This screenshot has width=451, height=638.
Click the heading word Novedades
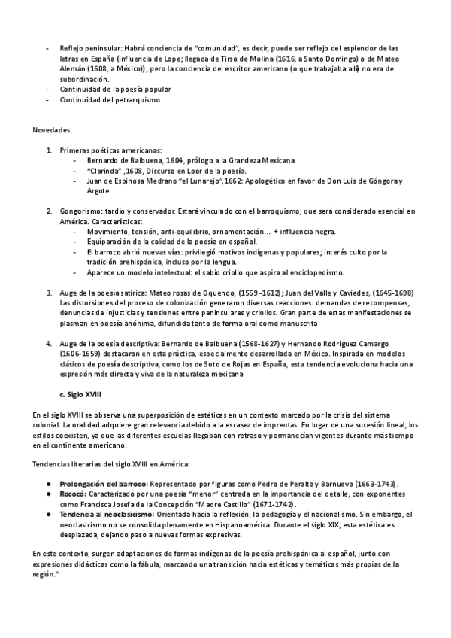(x=52, y=130)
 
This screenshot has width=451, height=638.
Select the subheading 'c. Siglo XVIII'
(x=84, y=393)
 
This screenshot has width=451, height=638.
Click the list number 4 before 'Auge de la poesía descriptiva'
(x=50, y=342)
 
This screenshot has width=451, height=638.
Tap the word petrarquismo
(x=135, y=100)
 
